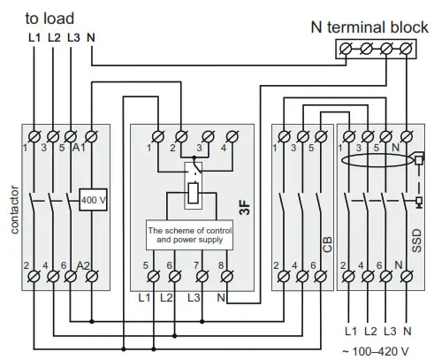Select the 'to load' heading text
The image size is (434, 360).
(x=51, y=18)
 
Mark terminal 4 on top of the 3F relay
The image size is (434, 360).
(x=232, y=136)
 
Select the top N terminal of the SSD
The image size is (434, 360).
(x=404, y=136)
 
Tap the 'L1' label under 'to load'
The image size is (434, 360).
(x=34, y=38)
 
